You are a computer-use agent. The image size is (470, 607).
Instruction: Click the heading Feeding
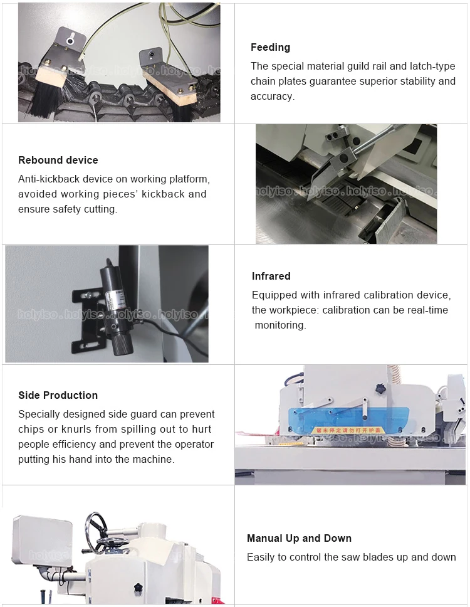tap(270, 47)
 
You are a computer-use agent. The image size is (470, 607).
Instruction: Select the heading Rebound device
tap(58, 161)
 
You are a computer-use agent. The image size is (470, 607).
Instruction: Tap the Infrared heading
tap(271, 276)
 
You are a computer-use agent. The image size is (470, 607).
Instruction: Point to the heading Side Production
tap(58, 395)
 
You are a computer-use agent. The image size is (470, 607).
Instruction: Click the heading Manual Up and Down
tap(299, 538)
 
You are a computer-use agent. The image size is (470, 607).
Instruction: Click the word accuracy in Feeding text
tap(273, 97)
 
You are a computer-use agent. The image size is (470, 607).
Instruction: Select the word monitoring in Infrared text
tap(280, 325)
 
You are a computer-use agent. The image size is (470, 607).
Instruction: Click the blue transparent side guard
tap(348, 420)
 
